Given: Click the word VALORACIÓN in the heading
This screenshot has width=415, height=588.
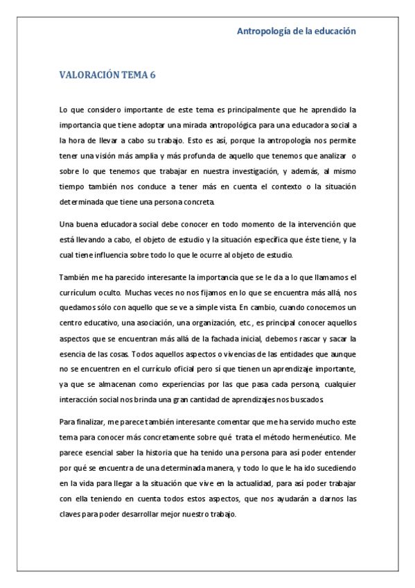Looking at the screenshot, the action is coord(89,76).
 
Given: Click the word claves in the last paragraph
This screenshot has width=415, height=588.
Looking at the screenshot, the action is coord(73,514).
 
